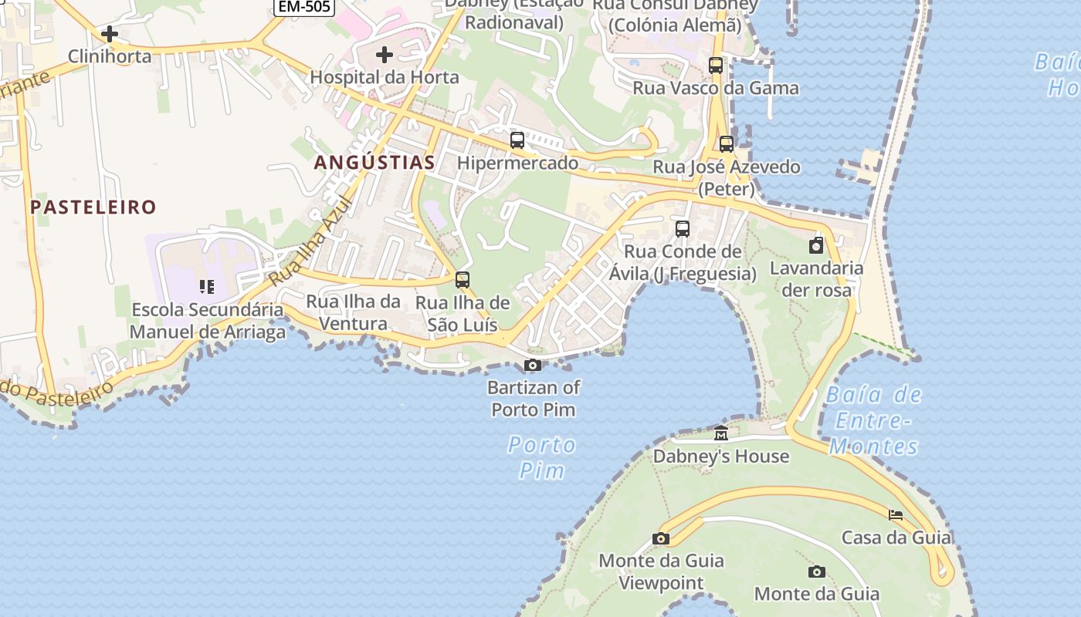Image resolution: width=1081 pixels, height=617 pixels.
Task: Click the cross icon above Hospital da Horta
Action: point(384,55)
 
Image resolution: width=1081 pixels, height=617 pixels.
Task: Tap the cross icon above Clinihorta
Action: point(110,34)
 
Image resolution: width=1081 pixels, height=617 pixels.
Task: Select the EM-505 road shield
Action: point(304,7)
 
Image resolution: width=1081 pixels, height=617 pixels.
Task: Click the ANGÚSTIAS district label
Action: point(374,163)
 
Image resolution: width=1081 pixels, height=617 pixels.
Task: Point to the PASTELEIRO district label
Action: point(93,207)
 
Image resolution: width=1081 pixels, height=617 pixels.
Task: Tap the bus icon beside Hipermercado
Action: point(517,140)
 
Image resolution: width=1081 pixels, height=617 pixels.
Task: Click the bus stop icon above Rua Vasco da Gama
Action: point(716,66)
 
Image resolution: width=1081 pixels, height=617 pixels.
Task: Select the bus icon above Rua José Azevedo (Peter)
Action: point(727,144)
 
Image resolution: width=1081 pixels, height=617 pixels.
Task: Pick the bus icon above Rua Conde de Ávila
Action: point(683,229)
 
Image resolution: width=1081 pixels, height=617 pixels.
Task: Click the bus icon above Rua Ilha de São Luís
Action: point(463,280)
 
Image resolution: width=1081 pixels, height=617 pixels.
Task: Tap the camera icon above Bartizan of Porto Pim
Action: point(533,366)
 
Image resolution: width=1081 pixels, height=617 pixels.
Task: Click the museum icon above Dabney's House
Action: point(721,433)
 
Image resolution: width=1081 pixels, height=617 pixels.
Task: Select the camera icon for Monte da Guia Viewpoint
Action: point(661,539)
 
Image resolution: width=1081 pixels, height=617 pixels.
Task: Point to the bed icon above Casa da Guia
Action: point(896,514)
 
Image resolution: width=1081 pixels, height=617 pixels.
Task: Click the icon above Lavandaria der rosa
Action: point(816,246)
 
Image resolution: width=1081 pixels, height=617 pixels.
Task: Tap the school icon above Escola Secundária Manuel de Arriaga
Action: point(207,287)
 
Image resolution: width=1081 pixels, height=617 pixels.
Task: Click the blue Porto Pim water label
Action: point(542,457)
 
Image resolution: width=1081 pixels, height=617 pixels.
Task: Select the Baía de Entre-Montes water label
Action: point(874,420)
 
